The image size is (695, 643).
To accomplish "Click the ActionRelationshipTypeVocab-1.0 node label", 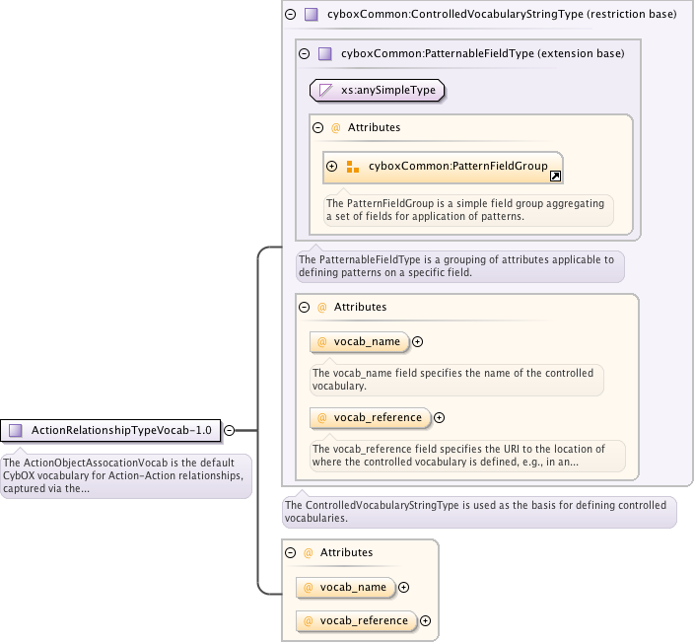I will pyautogui.click(x=121, y=430).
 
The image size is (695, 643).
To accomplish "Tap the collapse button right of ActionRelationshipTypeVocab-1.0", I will pyautogui.click(x=229, y=430).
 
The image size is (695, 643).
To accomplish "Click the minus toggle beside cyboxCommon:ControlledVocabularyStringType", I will pyautogui.click(x=290, y=15).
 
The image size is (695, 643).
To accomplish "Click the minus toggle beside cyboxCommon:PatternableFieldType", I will pyautogui.click(x=304, y=53).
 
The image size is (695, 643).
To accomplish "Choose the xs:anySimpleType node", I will pyautogui.click(x=378, y=90).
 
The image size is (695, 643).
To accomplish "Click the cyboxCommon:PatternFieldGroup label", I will pyautogui.click(x=457, y=166).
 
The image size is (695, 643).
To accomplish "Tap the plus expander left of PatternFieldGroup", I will pyautogui.click(x=332, y=167).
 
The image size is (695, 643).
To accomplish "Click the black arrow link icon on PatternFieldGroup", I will pyautogui.click(x=556, y=176).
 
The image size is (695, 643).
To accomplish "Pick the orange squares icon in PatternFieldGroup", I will pyautogui.click(x=353, y=167).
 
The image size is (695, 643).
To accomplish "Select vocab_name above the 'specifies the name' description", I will pyautogui.click(x=367, y=341).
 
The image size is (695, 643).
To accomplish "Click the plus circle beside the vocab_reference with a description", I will pyautogui.click(x=440, y=417).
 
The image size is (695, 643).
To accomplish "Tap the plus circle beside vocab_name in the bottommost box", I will pyautogui.click(x=403, y=587).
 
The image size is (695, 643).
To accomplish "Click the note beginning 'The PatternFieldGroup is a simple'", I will pyautogui.click(x=468, y=209).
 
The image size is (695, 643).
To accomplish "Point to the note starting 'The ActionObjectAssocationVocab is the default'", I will pyautogui.click(x=125, y=476).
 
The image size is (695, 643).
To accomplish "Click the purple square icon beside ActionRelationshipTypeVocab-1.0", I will pyautogui.click(x=15, y=430).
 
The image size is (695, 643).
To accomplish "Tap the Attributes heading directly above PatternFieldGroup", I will pyautogui.click(x=374, y=127).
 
